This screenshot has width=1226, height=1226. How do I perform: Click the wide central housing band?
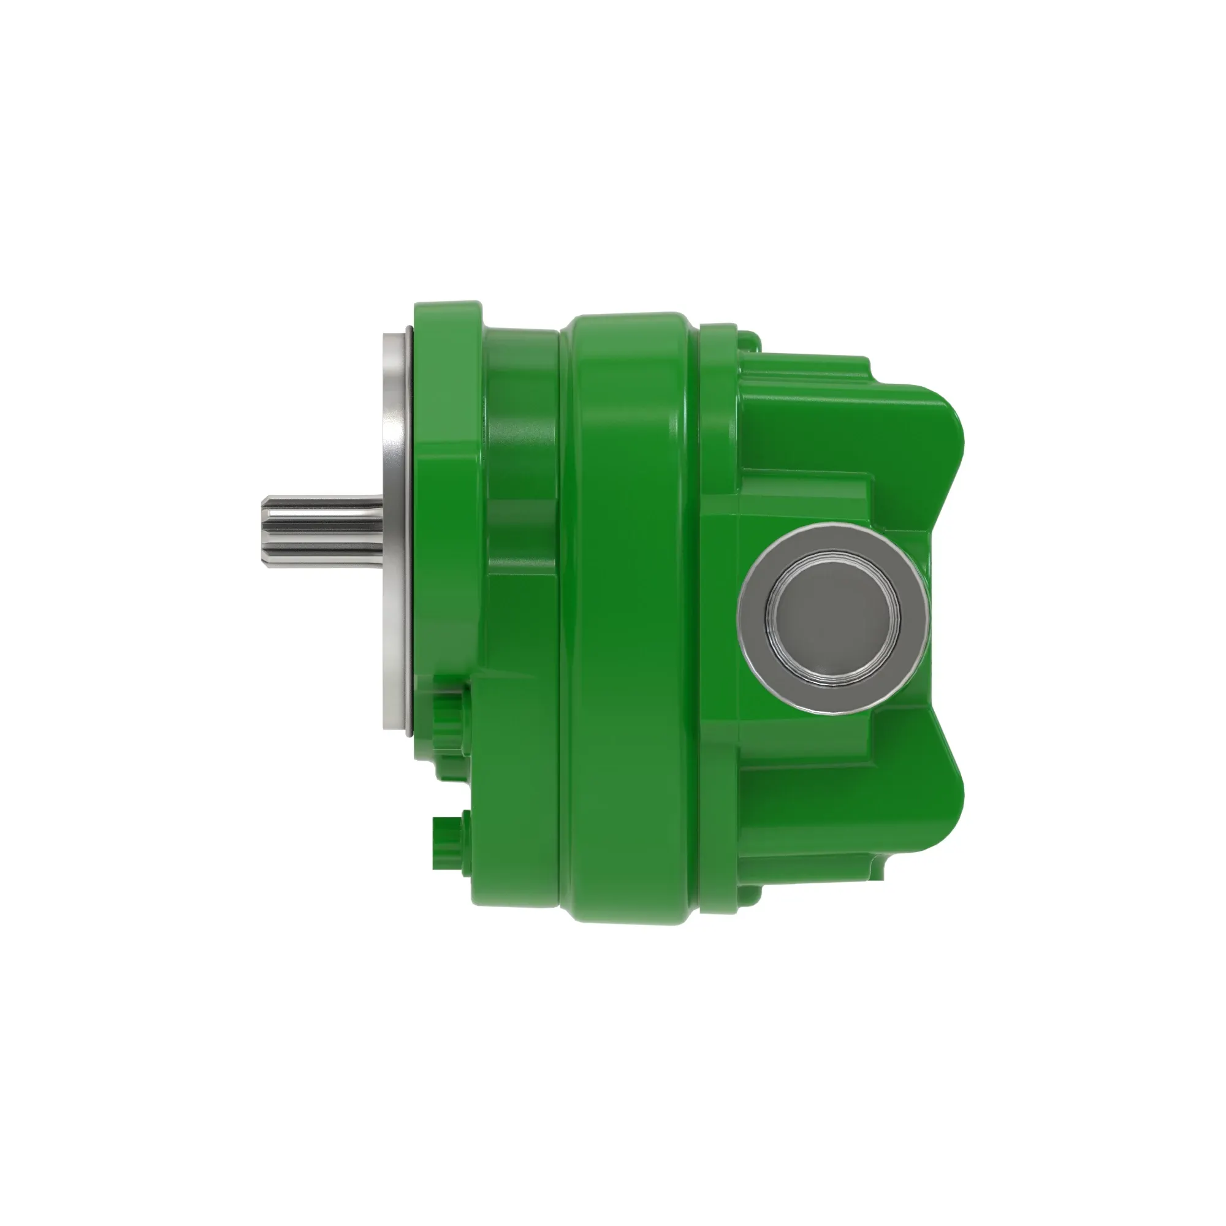pyautogui.click(x=628, y=609)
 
